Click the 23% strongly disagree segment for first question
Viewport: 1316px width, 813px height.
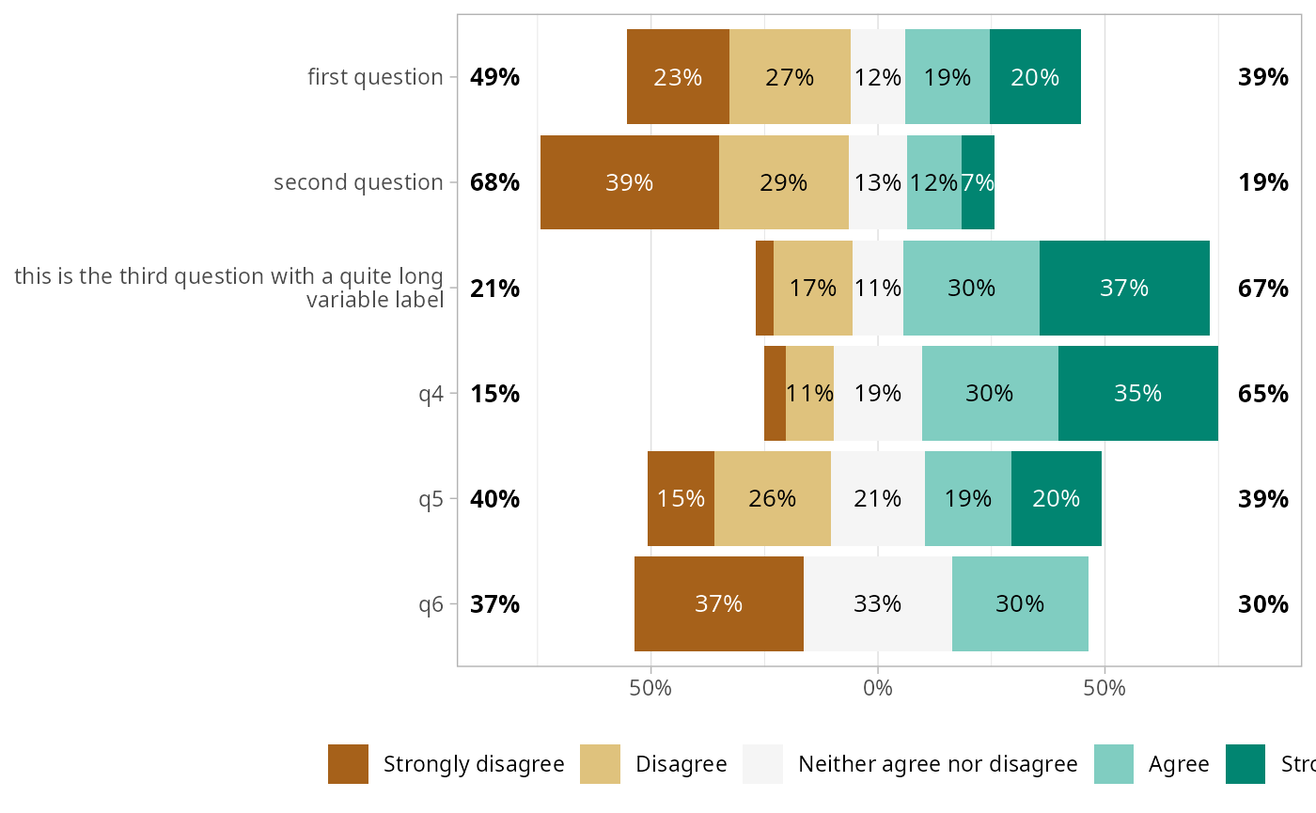[x=678, y=77]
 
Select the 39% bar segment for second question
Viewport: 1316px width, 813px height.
[x=629, y=182]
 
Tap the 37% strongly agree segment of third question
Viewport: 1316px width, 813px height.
[x=1124, y=288]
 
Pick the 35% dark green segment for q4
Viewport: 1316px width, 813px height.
[x=1137, y=393]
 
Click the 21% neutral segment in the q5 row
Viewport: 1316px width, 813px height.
[x=878, y=498]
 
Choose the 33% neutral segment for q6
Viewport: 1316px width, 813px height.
[x=878, y=603]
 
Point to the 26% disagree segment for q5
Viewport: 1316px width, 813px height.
[x=772, y=498]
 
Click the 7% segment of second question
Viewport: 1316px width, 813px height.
[x=978, y=182]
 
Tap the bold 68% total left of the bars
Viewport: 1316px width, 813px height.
[x=494, y=182]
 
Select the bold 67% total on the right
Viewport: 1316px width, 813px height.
[x=1262, y=288]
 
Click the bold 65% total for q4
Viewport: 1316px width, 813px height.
[x=1262, y=393]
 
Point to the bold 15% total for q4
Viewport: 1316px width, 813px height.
[x=494, y=393]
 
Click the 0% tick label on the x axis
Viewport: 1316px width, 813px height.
[x=877, y=687]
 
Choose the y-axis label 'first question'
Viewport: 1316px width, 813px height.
[x=375, y=77]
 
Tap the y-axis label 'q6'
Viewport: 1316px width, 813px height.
[x=431, y=603]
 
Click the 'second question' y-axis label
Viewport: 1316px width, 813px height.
[x=358, y=182]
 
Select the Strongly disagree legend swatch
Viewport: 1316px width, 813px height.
[x=348, y=764]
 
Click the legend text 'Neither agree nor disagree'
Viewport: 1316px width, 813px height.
[x=937, y=764]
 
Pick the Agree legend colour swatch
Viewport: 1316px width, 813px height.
[x=1114, y=764]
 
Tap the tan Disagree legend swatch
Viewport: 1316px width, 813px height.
[x=600, y=764]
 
